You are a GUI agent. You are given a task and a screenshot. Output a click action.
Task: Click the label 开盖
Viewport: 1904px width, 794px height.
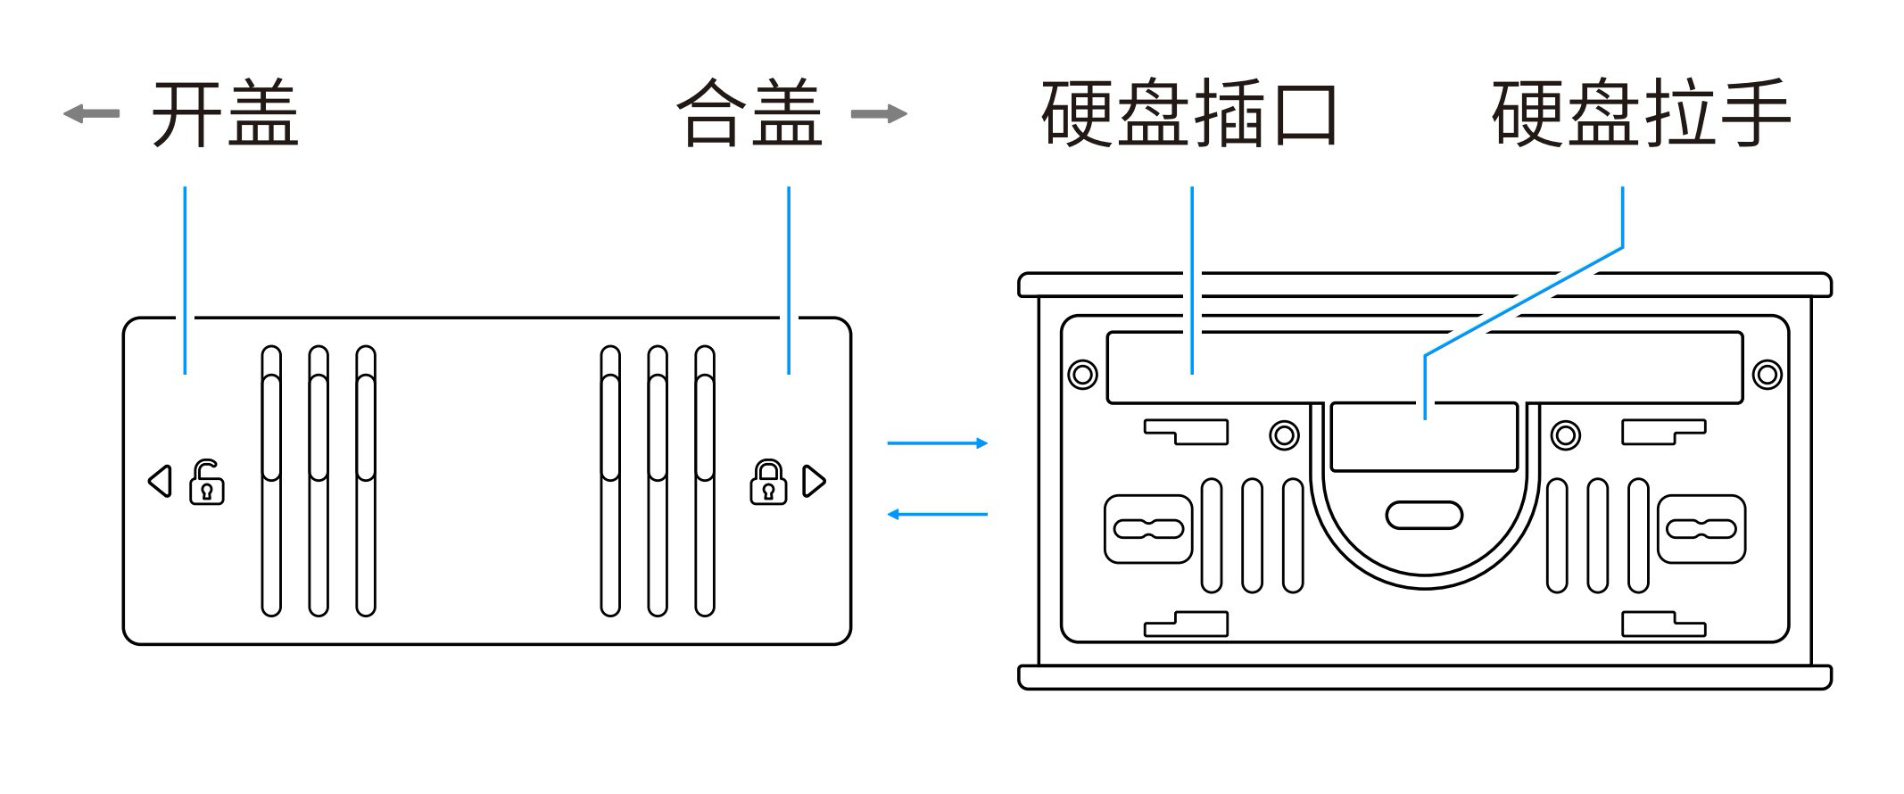[225, 113]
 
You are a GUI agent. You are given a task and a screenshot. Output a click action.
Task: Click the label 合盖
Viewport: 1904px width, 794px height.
[749, 113]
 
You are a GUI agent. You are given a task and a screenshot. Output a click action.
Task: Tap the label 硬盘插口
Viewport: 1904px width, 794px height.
[1189, 113]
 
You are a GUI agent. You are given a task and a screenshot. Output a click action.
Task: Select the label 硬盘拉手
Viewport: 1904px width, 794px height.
[1641, 113]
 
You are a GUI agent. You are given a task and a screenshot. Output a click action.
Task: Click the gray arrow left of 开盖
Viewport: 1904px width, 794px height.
[91, 113]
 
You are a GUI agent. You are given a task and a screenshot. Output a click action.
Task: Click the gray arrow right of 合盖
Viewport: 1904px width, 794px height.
[879, 113]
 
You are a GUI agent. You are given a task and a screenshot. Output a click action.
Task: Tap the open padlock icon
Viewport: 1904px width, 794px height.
[207, 482]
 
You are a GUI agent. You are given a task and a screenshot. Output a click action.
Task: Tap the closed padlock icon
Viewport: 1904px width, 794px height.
[768, 482]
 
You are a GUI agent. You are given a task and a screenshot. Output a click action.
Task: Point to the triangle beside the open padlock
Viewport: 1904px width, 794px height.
[160, 481]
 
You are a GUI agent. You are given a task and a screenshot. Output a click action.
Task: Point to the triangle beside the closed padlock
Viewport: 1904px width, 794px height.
[815, 481]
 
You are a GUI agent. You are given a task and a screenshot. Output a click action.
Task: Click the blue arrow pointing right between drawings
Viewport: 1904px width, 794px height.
[938, 443]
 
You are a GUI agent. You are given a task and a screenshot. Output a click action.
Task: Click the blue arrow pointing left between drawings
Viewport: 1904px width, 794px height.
[938, 515]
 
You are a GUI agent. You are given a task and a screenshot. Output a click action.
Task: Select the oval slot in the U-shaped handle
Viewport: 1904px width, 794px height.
[1424, 516]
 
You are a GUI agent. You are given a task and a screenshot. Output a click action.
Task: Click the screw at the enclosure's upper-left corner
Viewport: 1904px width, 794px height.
[1083, 374]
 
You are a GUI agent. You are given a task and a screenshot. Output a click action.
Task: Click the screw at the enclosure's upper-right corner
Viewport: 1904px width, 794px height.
[1767, 374]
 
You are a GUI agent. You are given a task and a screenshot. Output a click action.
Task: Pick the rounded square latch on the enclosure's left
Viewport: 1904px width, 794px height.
[1148, 529]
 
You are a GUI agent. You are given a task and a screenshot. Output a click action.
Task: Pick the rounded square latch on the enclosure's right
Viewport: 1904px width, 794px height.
[1701, 529]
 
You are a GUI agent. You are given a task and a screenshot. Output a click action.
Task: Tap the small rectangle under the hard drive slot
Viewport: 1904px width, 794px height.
[1424, 437]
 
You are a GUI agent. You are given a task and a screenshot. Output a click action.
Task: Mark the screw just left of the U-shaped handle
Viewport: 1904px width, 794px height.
[1284, 435]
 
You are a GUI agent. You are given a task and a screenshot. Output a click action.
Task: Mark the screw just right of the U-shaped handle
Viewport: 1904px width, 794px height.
[1566, 435]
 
